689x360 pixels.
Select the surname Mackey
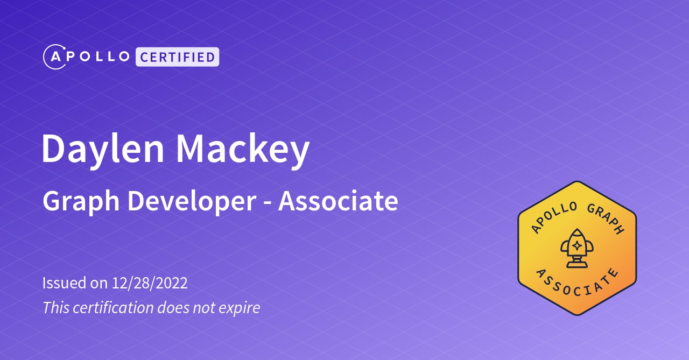(243, 150)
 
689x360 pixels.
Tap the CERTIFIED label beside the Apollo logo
(177, 57)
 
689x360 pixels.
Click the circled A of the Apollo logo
(54, 57)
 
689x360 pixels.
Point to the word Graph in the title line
(81, 202)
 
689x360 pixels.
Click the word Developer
(191, 202)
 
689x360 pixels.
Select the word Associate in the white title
(338, 201)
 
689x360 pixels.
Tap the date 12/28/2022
(150, 283)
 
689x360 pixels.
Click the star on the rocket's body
(576, 245)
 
